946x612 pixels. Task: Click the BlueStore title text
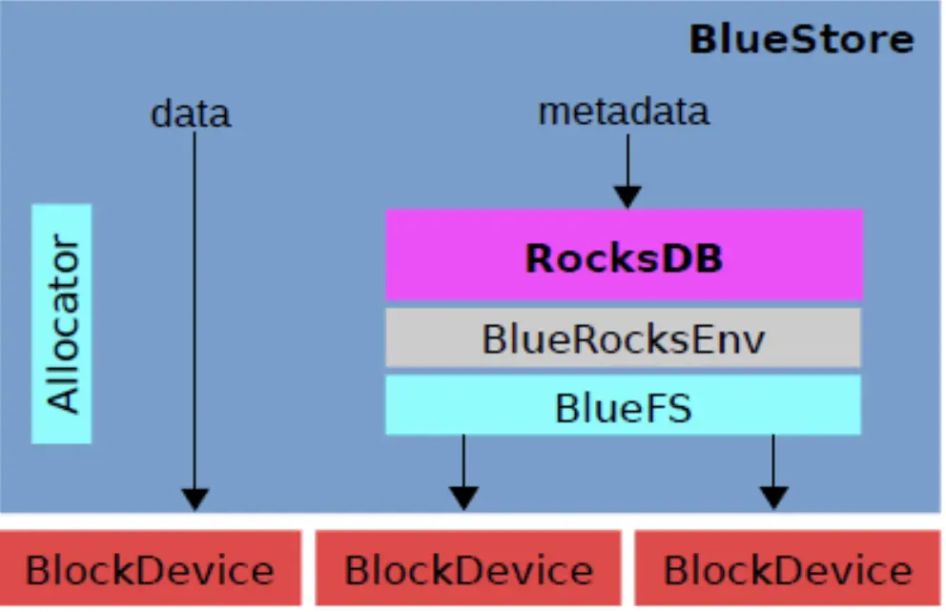point(801,40)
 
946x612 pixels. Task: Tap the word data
point(191,112)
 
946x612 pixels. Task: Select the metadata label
point(624,112)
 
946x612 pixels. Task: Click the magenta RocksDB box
point(625,255)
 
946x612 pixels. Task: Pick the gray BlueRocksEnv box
point(624,337)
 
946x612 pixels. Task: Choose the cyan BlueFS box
point(624,404)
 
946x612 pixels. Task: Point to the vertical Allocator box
point(62,324)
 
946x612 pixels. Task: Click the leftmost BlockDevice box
point(151,567)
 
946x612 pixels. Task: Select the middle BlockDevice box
point(468,567)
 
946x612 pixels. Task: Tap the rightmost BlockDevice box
point(788,567)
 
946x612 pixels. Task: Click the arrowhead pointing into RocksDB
point(627,197)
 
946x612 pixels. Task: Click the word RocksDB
point(624,258)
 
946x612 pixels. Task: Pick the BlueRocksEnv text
point(624,338)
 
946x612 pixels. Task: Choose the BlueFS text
point(624,408)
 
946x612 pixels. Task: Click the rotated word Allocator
point(63,324)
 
